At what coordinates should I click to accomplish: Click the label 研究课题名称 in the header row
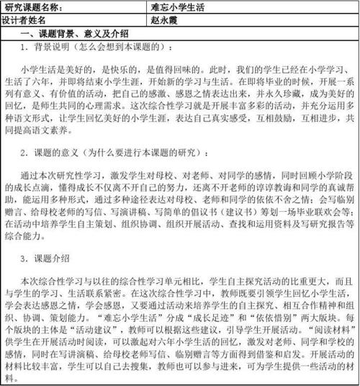[32, 7]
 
